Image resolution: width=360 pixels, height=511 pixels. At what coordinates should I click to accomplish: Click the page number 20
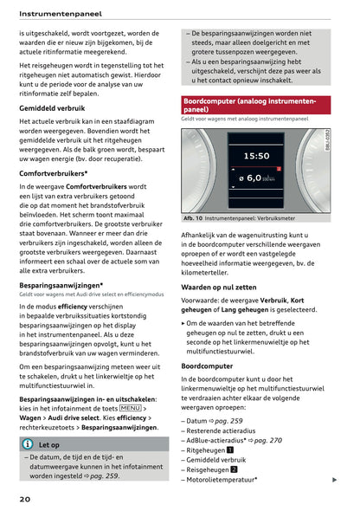(25, 499)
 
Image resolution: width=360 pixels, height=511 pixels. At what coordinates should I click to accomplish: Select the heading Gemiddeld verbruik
(57, 108)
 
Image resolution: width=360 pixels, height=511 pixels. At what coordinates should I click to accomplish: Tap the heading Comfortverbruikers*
(59, 173)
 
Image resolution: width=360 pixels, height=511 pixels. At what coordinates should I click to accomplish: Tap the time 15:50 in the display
(256, 157)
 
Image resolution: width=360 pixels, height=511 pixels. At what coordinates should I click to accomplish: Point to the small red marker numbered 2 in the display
(280, 168)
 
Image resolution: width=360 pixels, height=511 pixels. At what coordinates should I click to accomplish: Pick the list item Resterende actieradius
(227, 430)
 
